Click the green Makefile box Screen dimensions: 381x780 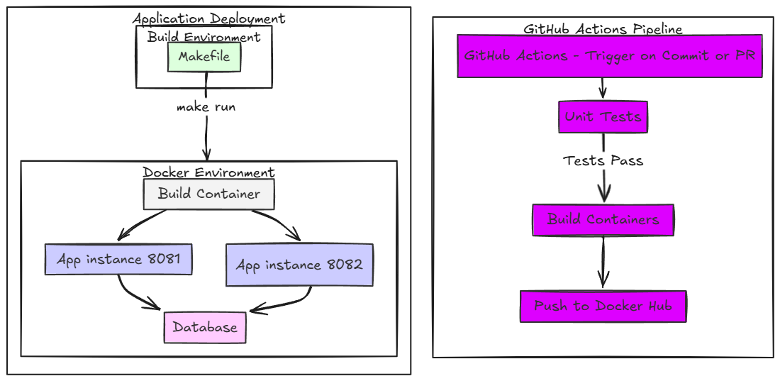204,57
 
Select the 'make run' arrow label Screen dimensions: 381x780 206,107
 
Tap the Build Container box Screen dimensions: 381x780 208,194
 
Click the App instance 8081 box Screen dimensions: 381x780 118,259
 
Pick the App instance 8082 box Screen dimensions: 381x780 299,265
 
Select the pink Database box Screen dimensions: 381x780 205,327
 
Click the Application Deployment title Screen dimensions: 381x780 208,18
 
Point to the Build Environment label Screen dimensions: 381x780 204,37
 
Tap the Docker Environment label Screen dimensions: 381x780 208,172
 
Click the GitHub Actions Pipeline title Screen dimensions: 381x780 603,29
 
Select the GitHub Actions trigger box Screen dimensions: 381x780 609,55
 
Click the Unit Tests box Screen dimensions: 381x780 603,116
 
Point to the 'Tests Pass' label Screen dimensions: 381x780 603,160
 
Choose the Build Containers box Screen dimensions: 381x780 603,219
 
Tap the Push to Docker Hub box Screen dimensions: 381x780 603,307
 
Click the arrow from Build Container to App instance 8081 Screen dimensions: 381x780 142,223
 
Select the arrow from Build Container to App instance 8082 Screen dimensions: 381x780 277,223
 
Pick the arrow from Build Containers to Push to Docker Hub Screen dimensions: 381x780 603,263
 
